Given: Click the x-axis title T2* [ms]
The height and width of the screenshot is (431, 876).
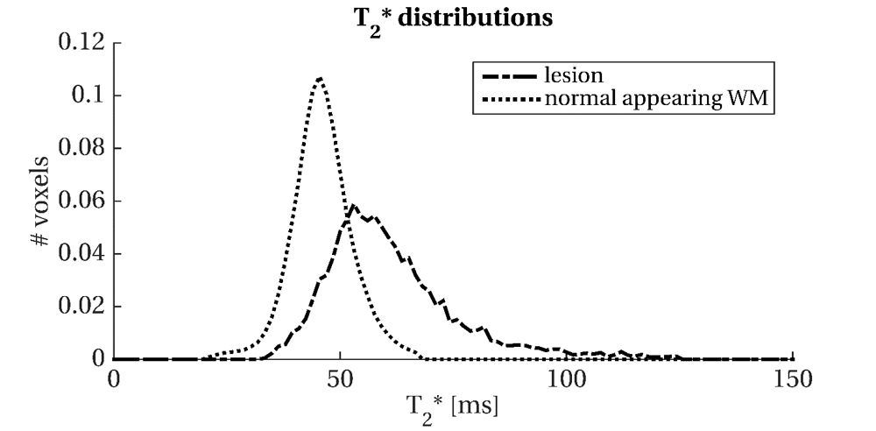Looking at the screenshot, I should click(453, 406).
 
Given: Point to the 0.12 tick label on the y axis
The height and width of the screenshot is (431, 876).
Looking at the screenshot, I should click(82, 42).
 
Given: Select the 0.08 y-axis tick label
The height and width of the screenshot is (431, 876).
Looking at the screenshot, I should click(82, 148).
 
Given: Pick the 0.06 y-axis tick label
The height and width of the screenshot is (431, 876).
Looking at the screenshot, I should click(82, 201).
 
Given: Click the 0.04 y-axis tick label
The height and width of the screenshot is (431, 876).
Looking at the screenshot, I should click(82, 254).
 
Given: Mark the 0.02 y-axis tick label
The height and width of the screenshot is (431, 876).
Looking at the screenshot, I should click(82, 307).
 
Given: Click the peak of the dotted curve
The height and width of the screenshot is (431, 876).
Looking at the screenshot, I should click(320, 78).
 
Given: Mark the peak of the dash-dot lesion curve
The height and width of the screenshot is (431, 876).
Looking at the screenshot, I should click(352, 207).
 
